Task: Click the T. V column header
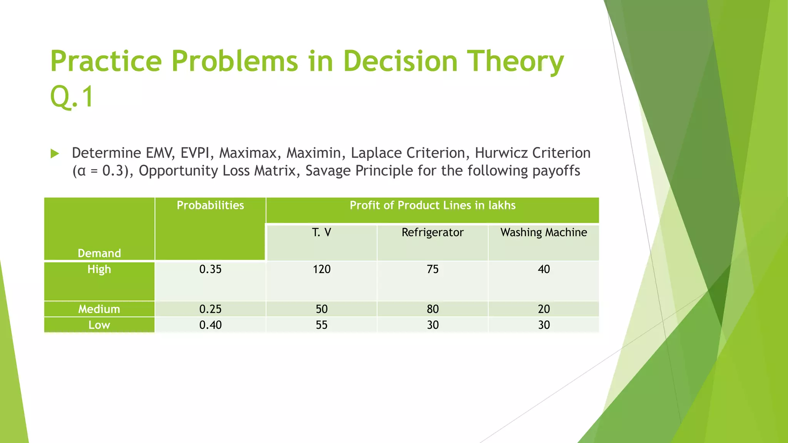pos(321,232)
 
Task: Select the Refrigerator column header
pos(432,232)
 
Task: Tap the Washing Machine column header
pos(543,232)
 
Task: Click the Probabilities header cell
pos(210,205)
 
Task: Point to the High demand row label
pos(99,269)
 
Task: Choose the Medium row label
pos(99,309)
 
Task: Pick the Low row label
pos(99,325)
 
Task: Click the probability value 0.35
pos(210,269)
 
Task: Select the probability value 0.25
pos(210,309)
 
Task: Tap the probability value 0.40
pos(210,325)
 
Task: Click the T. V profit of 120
pos(321,269)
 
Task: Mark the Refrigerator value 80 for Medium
pos(432,309)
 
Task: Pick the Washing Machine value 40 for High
pos(543,269)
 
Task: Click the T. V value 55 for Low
pos(321,325)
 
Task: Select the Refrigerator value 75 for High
pos(432,269)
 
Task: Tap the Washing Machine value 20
pos(543,309)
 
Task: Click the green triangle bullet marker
pos(55,154)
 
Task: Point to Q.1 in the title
pos(72,96)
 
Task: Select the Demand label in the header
pos(99,253)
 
